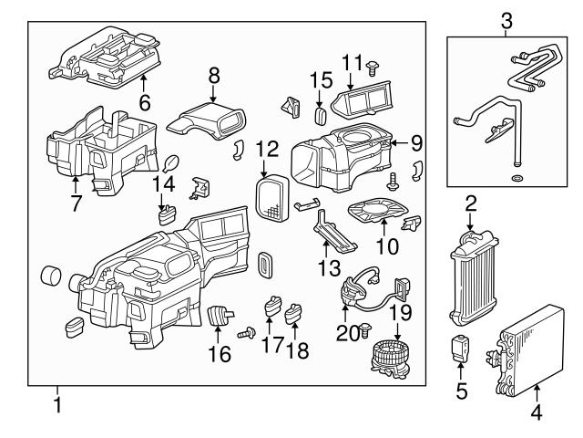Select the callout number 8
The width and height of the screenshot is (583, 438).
tap(214, 73)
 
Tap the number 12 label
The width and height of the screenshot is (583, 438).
tap(266, 147)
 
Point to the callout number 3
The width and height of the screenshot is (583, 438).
tap(506, 19)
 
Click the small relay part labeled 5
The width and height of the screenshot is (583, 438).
tap(461, 347)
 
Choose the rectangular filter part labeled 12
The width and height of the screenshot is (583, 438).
tap(271, 196)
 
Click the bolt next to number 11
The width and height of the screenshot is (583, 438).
tap(374, 62)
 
